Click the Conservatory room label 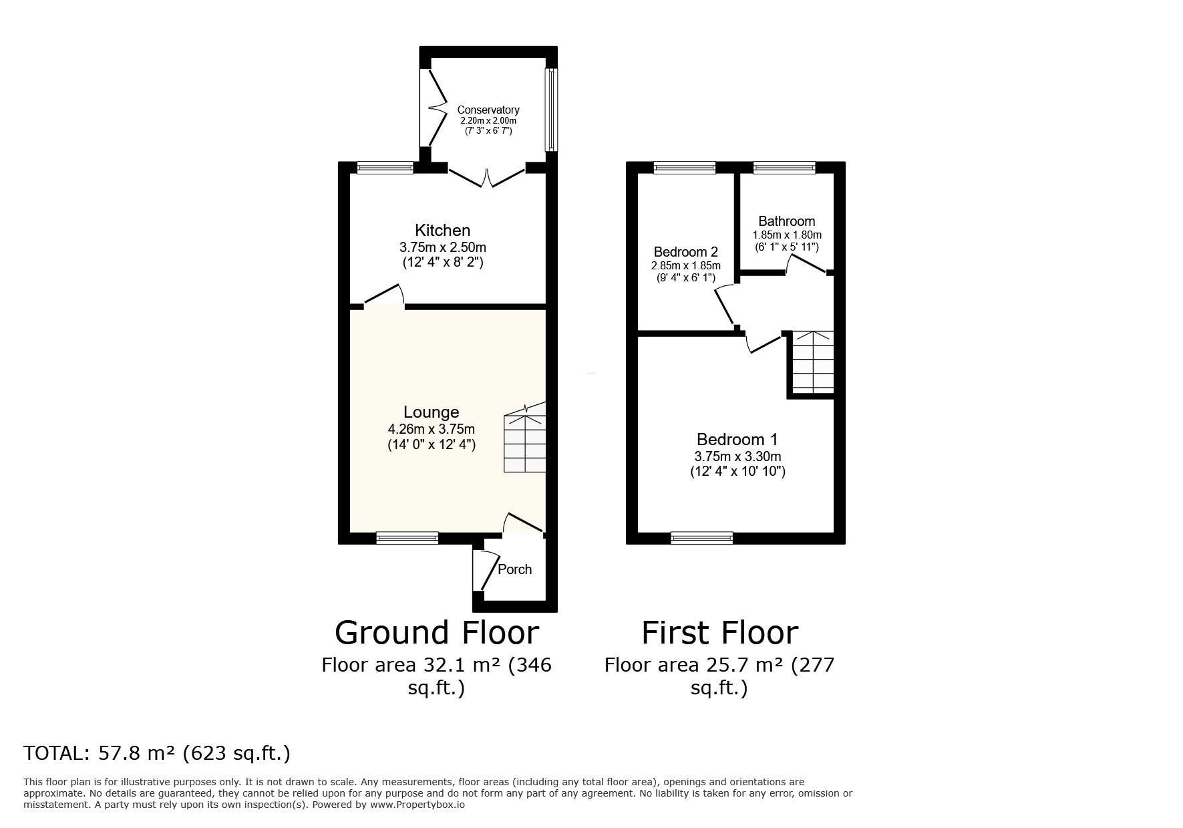click(x=488, y=110)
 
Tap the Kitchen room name click(x=442, y=231)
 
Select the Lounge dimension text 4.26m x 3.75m click(x=431, y=429)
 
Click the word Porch click(x=515, y=569)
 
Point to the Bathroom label click(x=786, y=221)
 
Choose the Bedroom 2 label click(x=685, y=252)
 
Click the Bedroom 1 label click(x=737, y=440)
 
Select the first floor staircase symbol click(x=813, y=362)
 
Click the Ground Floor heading click(x=436, y=632)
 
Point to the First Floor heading click(x=719, y=632)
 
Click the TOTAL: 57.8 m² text click(x=157, y=753)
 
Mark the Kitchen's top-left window click(x=384, y=168)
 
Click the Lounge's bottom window click(x=407, y=537)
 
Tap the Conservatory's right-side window click(x=552, y=110)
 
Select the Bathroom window click(x=784, y=168)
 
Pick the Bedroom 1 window click(x=701, y=537)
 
